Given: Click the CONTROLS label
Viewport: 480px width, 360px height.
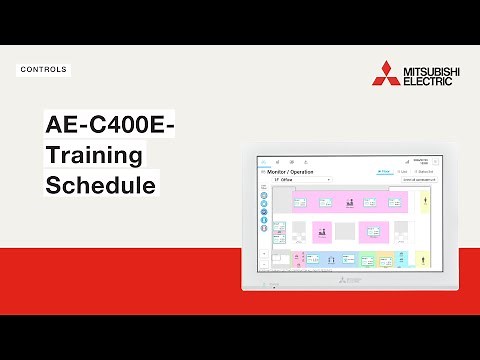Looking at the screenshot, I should pyautogui.click(x=43, y=70).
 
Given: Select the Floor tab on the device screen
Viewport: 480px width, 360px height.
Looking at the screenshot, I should pyautogui.click(x=384, y=172).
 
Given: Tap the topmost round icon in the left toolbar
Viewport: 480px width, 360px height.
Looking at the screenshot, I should pyautogui.click(x=264, y=194).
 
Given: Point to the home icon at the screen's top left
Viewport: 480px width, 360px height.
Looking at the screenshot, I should pyautogui.click(x=264, y=161).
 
